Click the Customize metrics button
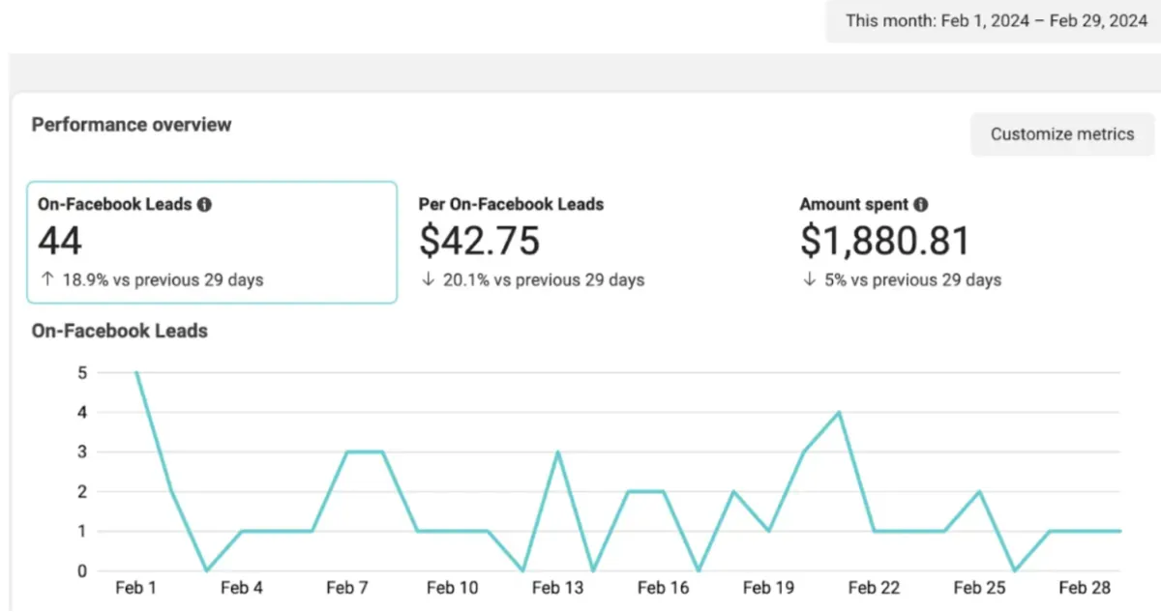(x=1062, y=134)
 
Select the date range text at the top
(x=997, y=20)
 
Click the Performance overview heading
(x=132, y=125)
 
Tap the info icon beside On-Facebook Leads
(x=204, y=205)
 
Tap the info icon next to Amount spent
(x=920, y=205)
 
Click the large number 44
(x=60, y=241)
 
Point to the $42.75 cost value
(x=480, y=241)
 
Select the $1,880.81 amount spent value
(x=884, y=241)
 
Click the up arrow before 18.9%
(x=47, y=279)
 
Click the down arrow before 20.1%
(x=428, y=279)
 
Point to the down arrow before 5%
(x=809, y=279)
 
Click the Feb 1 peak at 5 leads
(x=136, y=372)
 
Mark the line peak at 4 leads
(x=839, y=412)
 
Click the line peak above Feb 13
(x=557, y=452)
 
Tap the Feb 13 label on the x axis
(x=557, y=588)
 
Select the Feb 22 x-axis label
(x=874, y=588)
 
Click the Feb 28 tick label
(x=1085, y=588)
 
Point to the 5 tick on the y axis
(x=82, y=373)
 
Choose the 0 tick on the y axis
(x=82, y=571)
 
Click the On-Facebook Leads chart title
(x=120, y=331)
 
